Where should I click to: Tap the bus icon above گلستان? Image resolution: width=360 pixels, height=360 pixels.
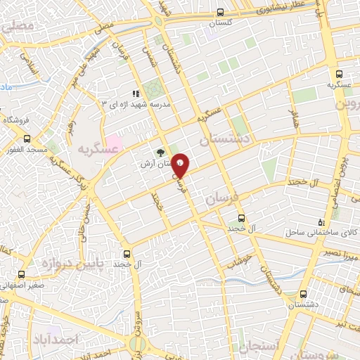[221, 12]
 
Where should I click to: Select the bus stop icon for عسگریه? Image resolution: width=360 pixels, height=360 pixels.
[340, 74]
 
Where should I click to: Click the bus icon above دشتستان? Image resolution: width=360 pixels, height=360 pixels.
[303, 294]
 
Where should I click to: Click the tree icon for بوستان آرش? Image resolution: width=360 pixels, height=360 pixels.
[160, 151]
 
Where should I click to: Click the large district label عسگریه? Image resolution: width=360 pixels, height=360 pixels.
[96, 148]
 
